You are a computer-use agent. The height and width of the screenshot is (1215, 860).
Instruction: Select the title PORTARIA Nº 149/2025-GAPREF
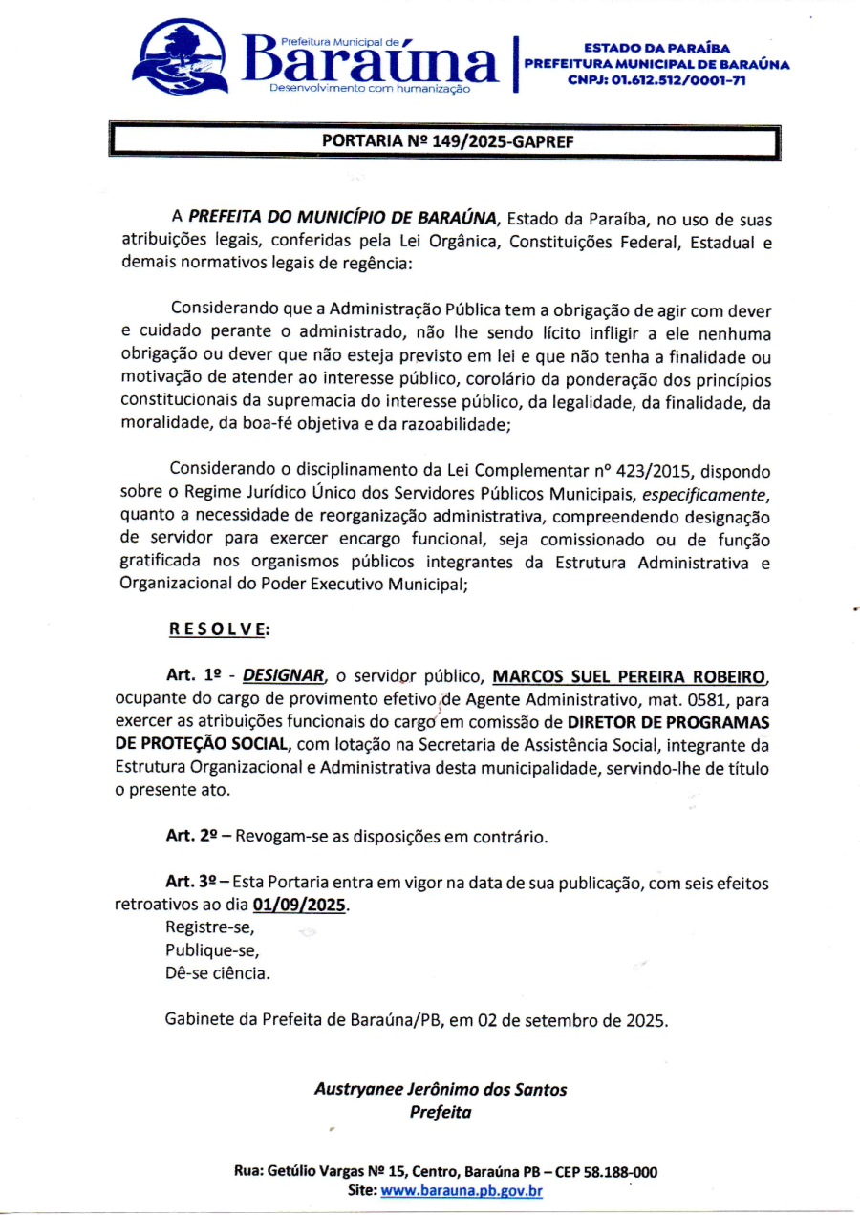click(x=446, y=141)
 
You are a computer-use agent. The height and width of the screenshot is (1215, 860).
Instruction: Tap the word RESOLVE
click(x=219, y=629)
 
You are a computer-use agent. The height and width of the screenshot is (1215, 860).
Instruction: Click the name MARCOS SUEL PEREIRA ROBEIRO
click(x=630, y=677)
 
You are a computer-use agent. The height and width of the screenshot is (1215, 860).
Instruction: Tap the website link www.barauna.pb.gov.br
click(x=462, y=1190)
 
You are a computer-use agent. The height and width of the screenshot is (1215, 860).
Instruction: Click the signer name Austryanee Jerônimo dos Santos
click(x=441, y=1089)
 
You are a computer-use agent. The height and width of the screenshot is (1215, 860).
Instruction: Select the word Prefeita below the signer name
click(x=441, y=1112)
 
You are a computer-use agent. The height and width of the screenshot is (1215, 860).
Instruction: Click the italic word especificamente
click(x=704, y=493)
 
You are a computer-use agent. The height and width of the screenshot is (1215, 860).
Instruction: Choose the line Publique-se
click(x=212, y=950)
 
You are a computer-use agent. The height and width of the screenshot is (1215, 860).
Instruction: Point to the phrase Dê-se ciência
click(x=218, y=973)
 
